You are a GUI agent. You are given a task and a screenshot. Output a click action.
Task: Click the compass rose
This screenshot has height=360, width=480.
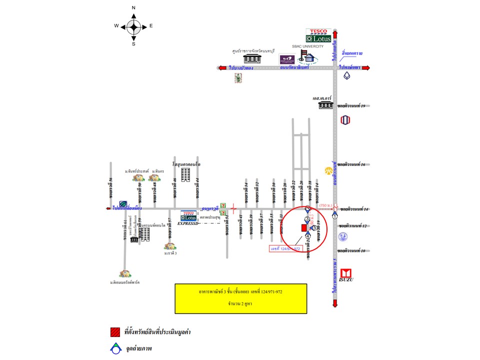[133, 25]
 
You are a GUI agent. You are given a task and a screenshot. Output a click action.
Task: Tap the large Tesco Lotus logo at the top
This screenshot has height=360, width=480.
[318, 35]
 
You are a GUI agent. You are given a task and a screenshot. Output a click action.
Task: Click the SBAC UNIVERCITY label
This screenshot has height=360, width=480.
[308, 46]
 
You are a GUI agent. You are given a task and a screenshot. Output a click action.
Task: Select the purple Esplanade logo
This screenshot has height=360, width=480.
[287, 59]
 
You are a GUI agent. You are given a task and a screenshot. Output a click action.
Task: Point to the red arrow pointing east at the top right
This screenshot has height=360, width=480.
[366, 68]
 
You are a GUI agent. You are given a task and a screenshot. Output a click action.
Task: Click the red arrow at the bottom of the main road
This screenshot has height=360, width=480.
[334, 304]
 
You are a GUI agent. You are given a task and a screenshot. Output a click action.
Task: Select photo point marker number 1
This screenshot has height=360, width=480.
[334, 215]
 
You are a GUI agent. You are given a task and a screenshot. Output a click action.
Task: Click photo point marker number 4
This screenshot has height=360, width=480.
[307, 236]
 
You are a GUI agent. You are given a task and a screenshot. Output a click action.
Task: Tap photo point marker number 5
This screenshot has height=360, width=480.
[314, 227]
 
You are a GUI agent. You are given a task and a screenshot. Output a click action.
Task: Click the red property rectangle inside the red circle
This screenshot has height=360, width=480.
[303, 228]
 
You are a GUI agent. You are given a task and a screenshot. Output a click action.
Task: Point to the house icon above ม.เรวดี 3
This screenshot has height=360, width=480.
[170, 246]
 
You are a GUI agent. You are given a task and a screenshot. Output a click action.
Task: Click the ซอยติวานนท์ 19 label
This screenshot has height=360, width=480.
[352, 106]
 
